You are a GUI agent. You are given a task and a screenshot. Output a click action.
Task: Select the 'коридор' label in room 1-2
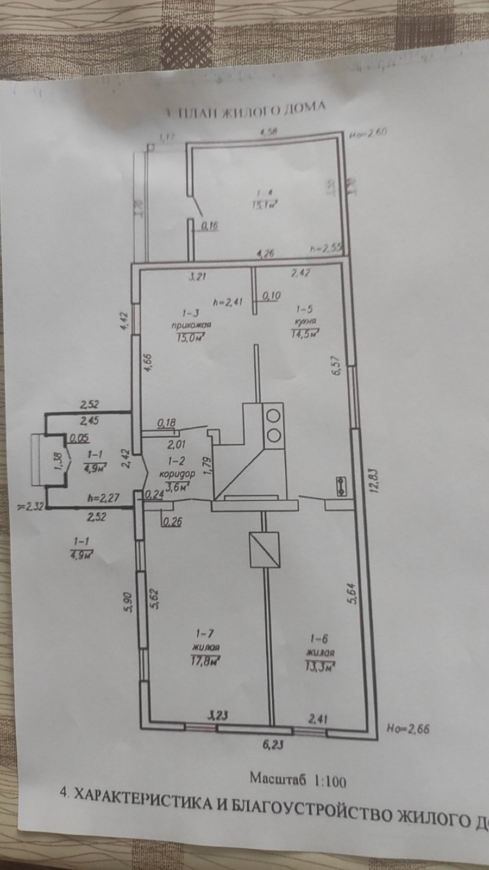coord(174,474)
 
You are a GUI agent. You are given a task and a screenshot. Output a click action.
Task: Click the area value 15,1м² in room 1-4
coord(265,205)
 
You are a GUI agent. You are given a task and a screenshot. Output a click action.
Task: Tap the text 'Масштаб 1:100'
coord(297,780)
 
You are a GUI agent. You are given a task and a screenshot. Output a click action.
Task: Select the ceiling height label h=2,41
coord(227,302)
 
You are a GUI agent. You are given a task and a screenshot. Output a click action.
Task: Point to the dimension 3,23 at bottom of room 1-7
coord(218,716)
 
